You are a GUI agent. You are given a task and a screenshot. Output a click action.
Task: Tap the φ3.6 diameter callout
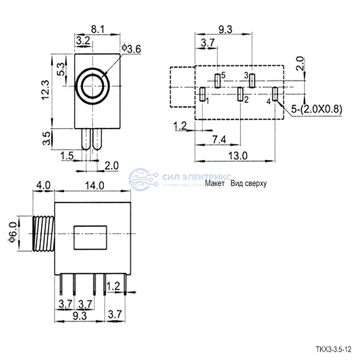pyautogui.click(x=131, y=49)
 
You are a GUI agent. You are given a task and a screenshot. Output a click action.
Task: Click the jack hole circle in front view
pyautogui.click(x=94, y=84)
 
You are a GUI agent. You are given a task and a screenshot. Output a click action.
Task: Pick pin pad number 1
pyautogui.click(x=202, y=94)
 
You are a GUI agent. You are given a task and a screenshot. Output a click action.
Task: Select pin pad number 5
pyautogui.click(x=218, y=80)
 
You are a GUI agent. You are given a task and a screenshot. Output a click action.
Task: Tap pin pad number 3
pyautogui.click(x=252, y=80)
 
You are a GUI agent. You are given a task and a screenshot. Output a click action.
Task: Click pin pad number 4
pyautogui.click(x=275, y=94)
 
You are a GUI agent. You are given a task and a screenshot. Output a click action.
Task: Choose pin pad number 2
pyautogui.click(x=240, y=94)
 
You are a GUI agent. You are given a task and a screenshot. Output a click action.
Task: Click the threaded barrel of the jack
pyautogui.click(x=42, y=233)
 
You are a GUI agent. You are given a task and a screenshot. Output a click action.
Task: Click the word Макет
pyautogui.click(x=215, y=183)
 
